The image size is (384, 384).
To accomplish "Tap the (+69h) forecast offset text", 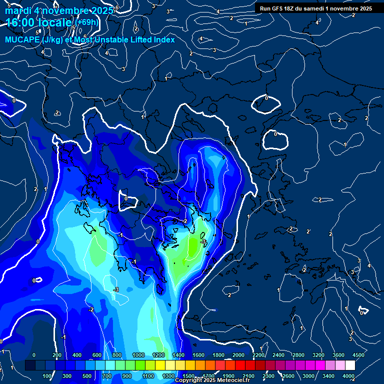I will pos(87,22).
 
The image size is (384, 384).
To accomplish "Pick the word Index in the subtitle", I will pos(163,39).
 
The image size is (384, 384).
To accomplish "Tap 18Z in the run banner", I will pos(291,8).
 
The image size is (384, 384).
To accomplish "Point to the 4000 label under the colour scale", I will pos(349,376).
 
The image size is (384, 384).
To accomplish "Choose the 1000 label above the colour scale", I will pos(138,355).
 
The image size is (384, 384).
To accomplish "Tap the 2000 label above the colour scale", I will pos(238,355).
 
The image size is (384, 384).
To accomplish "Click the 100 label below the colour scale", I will pos(47,376).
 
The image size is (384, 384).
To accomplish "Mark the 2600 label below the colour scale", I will pos(288,376).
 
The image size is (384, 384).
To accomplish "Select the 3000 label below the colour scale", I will pos(308,376).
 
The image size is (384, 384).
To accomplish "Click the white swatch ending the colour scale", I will pos(350,365).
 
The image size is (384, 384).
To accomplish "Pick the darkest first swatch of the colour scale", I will pos(30,365).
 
